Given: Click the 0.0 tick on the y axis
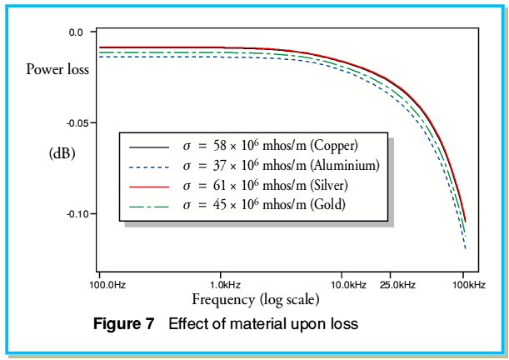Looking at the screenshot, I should [x=77, y=32].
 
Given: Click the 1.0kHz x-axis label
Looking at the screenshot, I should [x=221, y=285].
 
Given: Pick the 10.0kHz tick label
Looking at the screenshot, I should [x=348, y=285].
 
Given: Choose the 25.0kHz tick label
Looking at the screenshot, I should [x=397, y=285].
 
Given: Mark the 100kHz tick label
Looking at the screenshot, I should [x=468, y=285].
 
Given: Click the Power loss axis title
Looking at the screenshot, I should [x=57, y=70].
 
